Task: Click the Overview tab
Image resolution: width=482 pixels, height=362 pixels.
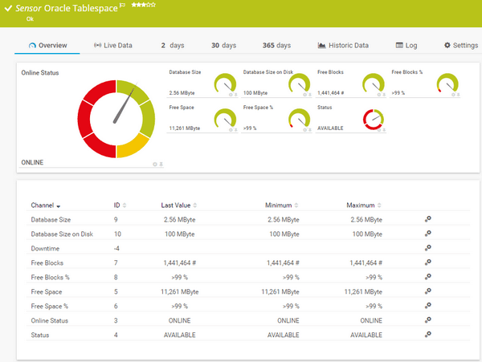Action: (x=47, y=46)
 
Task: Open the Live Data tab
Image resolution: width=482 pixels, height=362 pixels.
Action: (x=112, y=46)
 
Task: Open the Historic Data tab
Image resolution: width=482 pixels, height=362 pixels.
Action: (x=343, y=46)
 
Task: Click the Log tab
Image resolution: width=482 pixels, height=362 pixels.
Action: (x=406, y=46)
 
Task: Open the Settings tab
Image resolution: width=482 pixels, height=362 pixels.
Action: (x=460, y=46)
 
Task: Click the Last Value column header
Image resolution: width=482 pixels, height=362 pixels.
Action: (x=178, y=205)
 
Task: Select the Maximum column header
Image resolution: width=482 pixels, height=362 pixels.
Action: (x=361, y=205)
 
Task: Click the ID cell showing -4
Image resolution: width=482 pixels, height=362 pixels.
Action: (x=117, y=247)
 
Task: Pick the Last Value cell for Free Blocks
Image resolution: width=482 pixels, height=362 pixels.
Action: (x=180, y=262)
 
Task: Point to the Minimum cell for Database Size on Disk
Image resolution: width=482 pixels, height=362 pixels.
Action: (x=283, y=234)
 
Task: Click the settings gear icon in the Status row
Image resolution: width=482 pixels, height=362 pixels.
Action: (x=428, y=335)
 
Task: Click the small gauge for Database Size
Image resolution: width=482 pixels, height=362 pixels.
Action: (x=226, y=83)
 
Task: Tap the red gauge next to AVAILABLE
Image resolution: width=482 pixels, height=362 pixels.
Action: (x=374, y=120)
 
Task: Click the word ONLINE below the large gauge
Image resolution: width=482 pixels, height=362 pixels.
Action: (x=32, y=163)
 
